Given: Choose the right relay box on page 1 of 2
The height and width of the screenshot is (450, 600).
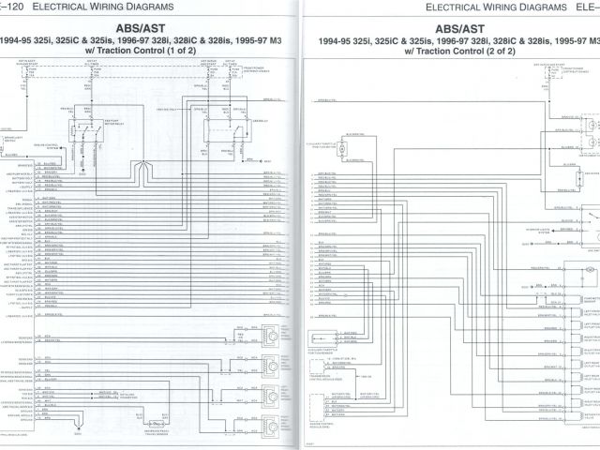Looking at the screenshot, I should [226, 131].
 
